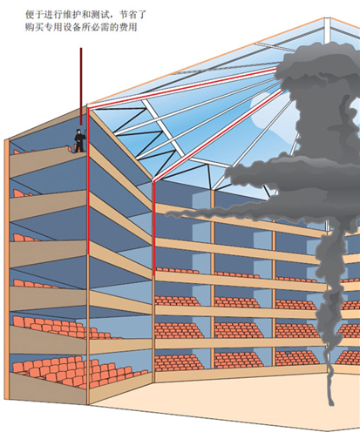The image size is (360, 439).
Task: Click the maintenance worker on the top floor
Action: pos(79,141)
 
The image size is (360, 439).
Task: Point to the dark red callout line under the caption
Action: pos(81,86)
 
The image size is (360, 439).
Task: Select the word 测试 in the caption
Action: pos(102,14)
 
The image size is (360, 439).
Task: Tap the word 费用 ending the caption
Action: pos(129,27)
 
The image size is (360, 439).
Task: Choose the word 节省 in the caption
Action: pos(127,14)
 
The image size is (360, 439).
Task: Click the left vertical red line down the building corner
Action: pos(87,180)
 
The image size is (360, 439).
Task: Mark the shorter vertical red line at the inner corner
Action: pos(153,228)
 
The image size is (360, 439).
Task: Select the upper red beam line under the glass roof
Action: pos(181,87)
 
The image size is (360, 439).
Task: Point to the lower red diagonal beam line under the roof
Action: pos(217,136)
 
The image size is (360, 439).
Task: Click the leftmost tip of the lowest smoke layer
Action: pos(166,214)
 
